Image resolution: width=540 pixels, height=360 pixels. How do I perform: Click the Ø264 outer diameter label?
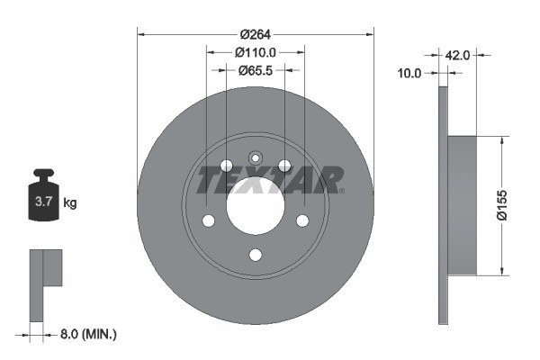point(255,35)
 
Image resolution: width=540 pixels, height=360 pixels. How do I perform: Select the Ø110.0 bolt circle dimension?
point(255,52)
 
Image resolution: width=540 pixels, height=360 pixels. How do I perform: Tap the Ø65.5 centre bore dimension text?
point(255,69)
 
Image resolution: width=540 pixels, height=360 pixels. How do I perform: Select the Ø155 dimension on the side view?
point(511,205)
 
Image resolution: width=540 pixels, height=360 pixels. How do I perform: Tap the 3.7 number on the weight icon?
point(43,202)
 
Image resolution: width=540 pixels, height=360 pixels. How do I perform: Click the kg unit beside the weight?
point(69,203)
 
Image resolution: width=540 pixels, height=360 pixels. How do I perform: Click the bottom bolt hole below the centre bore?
point(255,256)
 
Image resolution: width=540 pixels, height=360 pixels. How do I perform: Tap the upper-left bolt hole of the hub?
point(226,166)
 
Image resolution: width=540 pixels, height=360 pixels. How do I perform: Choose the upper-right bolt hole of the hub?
point(284,166)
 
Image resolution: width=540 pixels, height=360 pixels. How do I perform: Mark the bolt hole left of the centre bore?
point(208,221)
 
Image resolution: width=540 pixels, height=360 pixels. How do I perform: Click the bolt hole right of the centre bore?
point(302,221)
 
